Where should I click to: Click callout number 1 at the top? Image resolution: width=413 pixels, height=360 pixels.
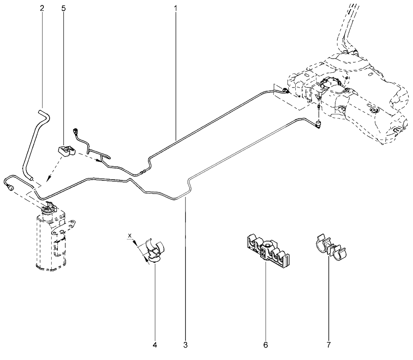click(176, 8)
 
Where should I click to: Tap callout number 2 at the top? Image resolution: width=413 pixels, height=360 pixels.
click(42, 8)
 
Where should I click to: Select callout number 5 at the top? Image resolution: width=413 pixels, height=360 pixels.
click(63, 8)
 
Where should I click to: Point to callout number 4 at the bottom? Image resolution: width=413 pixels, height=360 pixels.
click(155, 345)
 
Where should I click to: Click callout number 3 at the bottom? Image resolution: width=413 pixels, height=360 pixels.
click(185, 345)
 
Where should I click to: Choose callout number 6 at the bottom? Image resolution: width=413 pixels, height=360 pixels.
click(266, 345)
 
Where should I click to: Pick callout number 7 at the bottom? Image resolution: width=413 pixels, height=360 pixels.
click(328, 345)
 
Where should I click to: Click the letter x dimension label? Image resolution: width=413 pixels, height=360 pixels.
click(130, 235)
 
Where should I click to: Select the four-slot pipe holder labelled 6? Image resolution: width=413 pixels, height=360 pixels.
click(266, 250)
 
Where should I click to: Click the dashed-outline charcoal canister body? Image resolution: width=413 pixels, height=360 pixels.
click(51, 239)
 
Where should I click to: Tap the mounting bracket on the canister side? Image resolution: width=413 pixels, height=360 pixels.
click(64, 227)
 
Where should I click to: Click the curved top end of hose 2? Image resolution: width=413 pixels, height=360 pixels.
click(44, 114)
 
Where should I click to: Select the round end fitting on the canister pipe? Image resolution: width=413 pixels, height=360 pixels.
click(11, 188)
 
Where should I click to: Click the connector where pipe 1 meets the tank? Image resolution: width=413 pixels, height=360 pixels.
click(285, 91)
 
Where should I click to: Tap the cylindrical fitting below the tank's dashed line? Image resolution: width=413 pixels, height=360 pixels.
click(319, 123)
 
